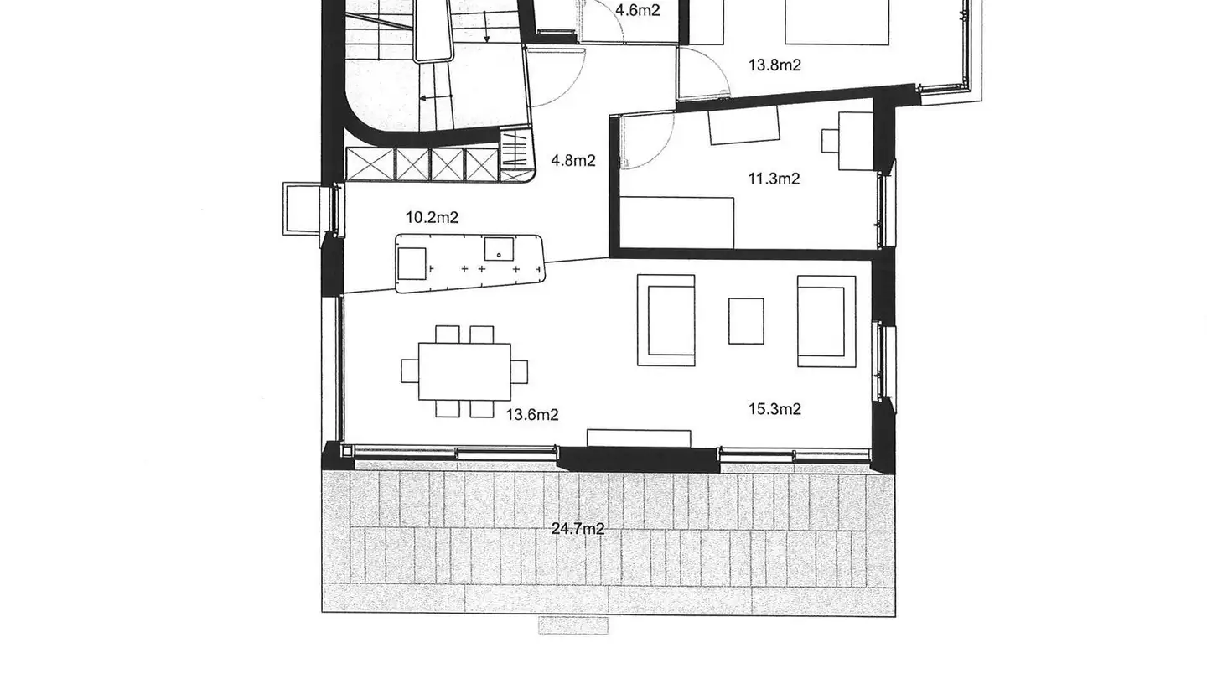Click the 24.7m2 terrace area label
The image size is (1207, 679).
click(578, 529)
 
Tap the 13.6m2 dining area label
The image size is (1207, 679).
click(532, 414)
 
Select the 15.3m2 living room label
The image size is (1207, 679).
click(774, 409)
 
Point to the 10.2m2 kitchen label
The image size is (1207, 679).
click(432, 218)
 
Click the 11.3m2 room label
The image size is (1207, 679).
click(774, 179)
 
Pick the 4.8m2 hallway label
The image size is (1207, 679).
click(572, 160)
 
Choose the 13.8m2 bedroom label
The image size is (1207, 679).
click(774, 65)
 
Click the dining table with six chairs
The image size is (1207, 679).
click(464, 371)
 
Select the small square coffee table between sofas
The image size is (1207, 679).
click(746, 321)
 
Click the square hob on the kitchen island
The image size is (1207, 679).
click(412, 263)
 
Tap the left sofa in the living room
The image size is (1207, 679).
click(666, 320)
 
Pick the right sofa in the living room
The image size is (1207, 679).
click(826, 320)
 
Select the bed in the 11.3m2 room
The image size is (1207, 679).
click(677, 222)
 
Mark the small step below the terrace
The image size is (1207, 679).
click(573, 625)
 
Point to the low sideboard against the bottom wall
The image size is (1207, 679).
click(639, 438)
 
